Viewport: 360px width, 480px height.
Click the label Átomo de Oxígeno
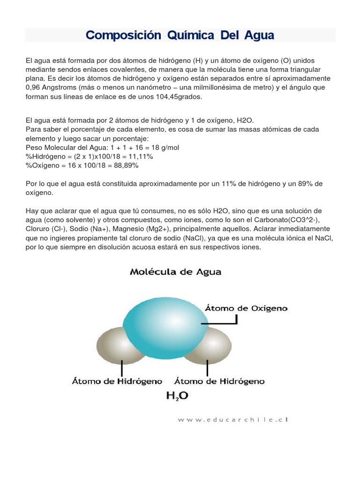246,308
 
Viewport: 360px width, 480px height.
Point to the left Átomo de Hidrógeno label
117,381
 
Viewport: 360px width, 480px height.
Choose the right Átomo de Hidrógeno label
219,381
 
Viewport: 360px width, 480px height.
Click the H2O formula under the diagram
177,397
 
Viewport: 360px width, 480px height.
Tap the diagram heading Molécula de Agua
175,272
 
